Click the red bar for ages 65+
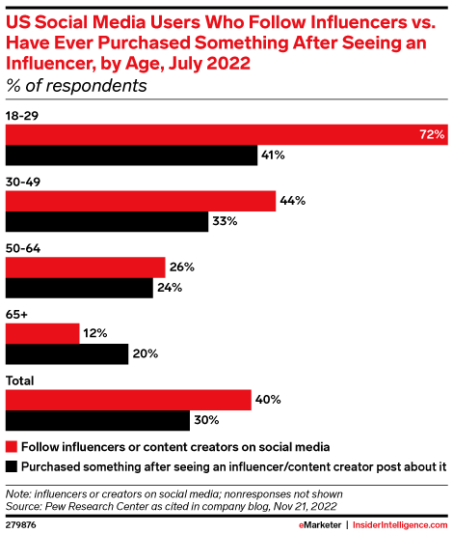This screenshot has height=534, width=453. [43, 333]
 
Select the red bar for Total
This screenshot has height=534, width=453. [129, 400]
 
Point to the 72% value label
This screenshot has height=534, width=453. [431, 134]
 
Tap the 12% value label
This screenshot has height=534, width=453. [95, 333]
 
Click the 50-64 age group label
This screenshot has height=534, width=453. [24, 248]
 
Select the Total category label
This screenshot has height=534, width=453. [22, 380]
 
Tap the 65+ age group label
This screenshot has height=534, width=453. [17, 314]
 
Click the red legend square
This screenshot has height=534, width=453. [12, 446]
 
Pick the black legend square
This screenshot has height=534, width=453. [12, 464]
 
